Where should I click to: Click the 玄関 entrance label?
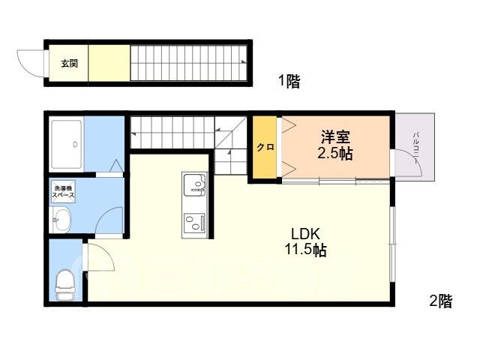click(69, 63)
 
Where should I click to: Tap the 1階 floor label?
click(289, 82)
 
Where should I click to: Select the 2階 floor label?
click(441, 301)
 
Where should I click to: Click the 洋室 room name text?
click(335, 136)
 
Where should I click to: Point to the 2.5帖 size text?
click(335, 153)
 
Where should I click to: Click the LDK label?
click(305, 234)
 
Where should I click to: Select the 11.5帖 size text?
click(305, 250)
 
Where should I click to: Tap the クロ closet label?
click(265, 147)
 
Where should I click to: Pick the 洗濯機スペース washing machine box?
click(63, 192)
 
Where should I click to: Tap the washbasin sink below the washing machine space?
click(61, 220)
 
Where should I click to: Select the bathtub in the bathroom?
click(67, 144)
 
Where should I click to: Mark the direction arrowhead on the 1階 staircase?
click(244, 61)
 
